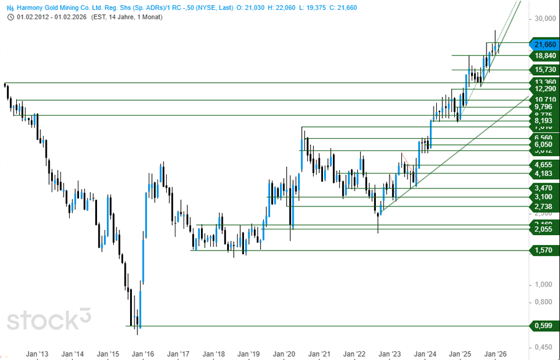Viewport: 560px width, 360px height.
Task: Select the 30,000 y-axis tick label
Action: click(544, 19)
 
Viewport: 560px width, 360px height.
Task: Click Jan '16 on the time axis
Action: click(144, 354)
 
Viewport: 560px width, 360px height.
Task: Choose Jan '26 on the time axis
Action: click(496, 354)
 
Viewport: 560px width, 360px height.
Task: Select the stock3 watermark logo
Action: click(49, 319)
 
